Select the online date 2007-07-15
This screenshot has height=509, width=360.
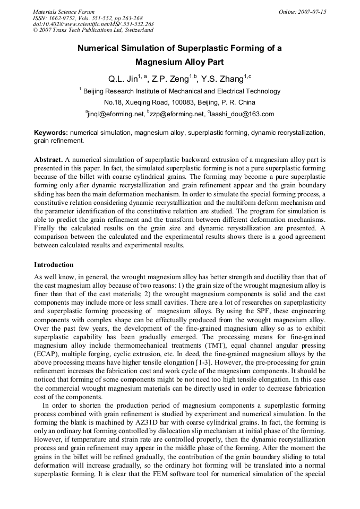point(312,12)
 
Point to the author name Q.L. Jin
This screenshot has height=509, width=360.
point(123,80)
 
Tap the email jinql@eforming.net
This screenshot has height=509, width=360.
point(116,114)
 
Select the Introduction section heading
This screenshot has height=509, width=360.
point(54,265)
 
